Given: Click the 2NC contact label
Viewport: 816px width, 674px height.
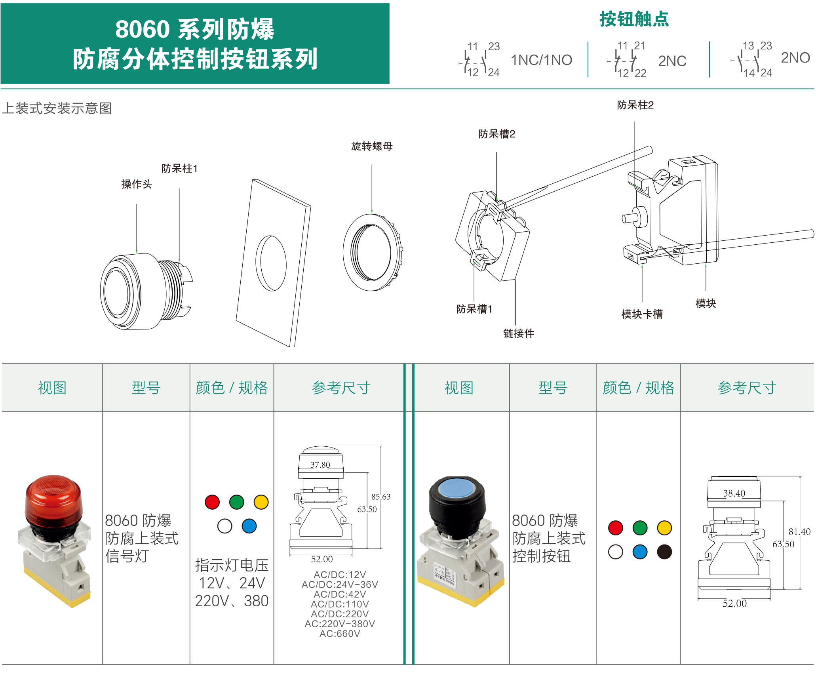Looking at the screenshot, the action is coord(672,61).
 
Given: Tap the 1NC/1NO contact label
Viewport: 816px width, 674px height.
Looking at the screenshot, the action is coord(541,60).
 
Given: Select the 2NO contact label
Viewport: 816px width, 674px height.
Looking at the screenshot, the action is coord(795,58).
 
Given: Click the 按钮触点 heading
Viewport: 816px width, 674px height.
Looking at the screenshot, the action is coord(634,19).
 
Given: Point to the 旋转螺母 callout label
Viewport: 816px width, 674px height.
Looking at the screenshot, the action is coord(372,146).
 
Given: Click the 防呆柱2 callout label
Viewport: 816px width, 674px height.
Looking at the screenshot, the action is coord(635,105).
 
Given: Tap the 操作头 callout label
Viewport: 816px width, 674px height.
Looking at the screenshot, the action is coord(137,184).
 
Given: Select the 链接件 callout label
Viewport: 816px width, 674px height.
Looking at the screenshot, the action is coord(519,333).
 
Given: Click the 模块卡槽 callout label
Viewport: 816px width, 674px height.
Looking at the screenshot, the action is coord(642,314).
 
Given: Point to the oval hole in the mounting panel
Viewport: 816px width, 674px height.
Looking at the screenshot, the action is coord(271,263).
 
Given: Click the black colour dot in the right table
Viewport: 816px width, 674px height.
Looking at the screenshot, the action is coord(664,552).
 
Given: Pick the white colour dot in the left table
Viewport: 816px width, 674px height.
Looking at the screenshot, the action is coord(224,526).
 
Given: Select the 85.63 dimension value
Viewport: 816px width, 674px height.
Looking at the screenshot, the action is coord(381,497).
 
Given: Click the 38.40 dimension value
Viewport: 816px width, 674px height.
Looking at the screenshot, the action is coord(734,493).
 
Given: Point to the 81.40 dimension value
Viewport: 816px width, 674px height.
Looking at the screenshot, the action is coord(799,532).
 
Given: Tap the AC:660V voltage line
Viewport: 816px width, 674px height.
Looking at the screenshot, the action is coord(340,634).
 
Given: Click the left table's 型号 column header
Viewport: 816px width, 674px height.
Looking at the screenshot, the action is coord(146,388).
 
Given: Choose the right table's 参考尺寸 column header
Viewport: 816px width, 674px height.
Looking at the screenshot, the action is coord(747,388).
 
